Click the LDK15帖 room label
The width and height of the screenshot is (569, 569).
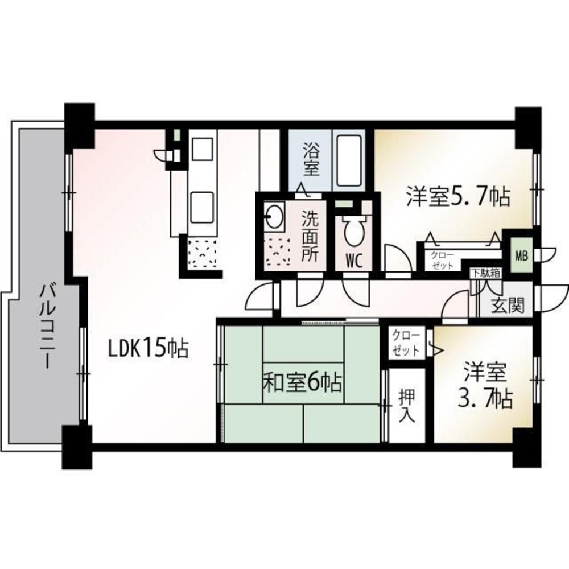click(x=149, y=349)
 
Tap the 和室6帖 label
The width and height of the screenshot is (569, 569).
click(x=302, y=383)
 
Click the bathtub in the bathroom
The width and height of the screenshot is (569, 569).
click(x=349, y=161)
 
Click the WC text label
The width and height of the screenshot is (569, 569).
click(x=354, y=261)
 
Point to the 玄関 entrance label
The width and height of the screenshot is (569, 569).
click(x=508, y=307)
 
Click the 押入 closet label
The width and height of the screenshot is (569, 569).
click(x=407, y=405)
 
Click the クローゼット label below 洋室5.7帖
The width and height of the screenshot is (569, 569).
click(x=442, y=260)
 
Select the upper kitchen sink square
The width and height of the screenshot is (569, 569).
click(x=203, y=149)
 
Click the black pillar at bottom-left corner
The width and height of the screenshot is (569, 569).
click(x=77, y=447)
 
